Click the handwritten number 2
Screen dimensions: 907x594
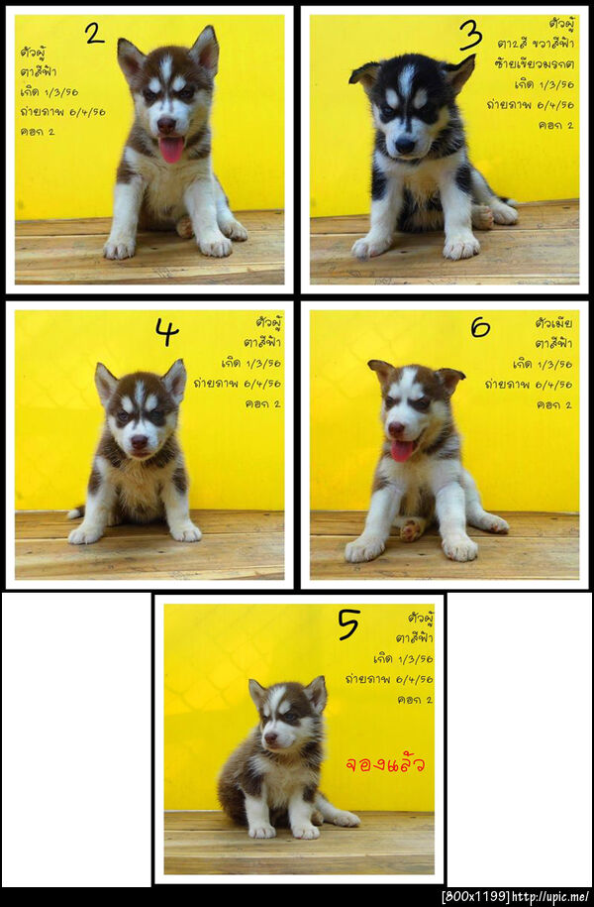[x=94, y=34]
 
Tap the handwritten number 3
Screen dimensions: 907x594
[x=470, y=36]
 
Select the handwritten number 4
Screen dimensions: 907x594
[x=166, y=333]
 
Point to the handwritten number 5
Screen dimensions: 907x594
[x=347, y=624]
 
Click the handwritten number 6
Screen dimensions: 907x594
[x=480, y=326]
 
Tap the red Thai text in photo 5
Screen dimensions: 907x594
[x=385, y=764]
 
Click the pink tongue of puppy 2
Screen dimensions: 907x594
[x=171, y=150]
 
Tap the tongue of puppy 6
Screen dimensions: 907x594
[x=401, y=451]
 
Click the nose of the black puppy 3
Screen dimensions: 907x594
[x=404, y=145]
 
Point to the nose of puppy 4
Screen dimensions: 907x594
[x=140, y=442]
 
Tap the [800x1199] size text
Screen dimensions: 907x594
[x=475, y=897]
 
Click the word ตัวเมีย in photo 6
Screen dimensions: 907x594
[x=553, y=323]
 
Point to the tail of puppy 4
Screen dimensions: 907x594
[x=75, y=512]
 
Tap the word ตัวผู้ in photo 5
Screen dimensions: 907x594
[x=420, y=619]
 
